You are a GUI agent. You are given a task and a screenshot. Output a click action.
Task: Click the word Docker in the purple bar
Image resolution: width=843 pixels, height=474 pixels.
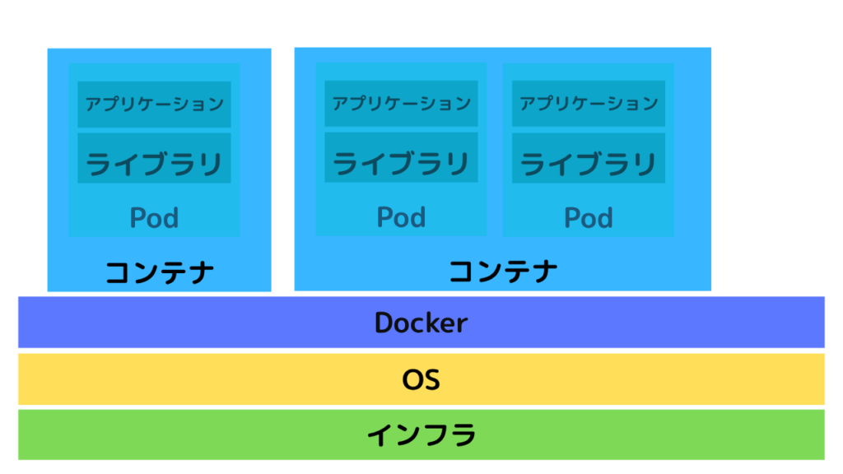pyautogui.click(x=421, y=323)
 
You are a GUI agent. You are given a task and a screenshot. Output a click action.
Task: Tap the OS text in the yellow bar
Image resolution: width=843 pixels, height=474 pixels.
pyautogui.click(x=421, y=379)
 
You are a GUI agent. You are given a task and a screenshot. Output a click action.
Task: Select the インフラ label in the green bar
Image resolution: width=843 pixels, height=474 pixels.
pyautogui.click(x=421, y=434)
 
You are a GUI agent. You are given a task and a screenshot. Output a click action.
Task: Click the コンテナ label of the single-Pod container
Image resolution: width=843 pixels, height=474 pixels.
pyautogui.click(x=159, y=272)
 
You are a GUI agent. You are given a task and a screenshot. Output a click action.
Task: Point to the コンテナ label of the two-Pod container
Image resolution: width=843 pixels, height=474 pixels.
pyautogui.click(x=503, y=271)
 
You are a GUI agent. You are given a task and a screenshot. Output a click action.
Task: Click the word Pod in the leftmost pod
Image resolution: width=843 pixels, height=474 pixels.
pyautogui.click(x=154, y=217)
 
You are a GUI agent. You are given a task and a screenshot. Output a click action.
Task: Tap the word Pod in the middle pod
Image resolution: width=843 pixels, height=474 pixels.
pyautogui.click(x=401, y=217)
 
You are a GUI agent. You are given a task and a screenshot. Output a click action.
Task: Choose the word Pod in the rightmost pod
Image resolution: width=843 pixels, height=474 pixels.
pyautogui.click(x=588, y=217)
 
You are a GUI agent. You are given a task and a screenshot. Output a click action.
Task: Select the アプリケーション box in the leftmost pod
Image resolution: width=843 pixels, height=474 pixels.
pyautogui.click(x=154, y=105)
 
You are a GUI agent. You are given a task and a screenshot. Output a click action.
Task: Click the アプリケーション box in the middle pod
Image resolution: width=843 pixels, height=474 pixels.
pyautogui.click(x=401, y=104)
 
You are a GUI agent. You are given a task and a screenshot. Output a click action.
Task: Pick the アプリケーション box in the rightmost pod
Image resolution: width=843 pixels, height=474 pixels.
pyautogui.click(x=588, y=104)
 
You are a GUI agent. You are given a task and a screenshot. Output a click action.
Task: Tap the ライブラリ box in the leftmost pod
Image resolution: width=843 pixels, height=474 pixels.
pyautogui.click(x=154, y=159)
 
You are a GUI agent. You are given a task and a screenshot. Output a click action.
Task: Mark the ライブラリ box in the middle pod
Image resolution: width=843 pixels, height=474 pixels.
pyautogui.click(x=401, y=158)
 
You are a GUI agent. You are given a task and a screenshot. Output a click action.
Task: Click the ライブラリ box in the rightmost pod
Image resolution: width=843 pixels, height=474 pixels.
pyautogui.click(x=588, y=159)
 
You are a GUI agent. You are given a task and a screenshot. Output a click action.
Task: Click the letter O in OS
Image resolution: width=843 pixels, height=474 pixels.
pyautogui.click(x=412, y=380)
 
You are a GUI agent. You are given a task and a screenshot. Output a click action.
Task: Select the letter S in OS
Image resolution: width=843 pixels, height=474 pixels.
pyautogui.click(x=432, y=380)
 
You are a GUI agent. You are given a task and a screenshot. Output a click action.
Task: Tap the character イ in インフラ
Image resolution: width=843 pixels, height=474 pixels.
pyautogui.click(x=380, y=434)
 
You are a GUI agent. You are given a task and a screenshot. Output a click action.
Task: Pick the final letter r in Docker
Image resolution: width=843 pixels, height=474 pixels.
pyautogui.click(x=463, y=325)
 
